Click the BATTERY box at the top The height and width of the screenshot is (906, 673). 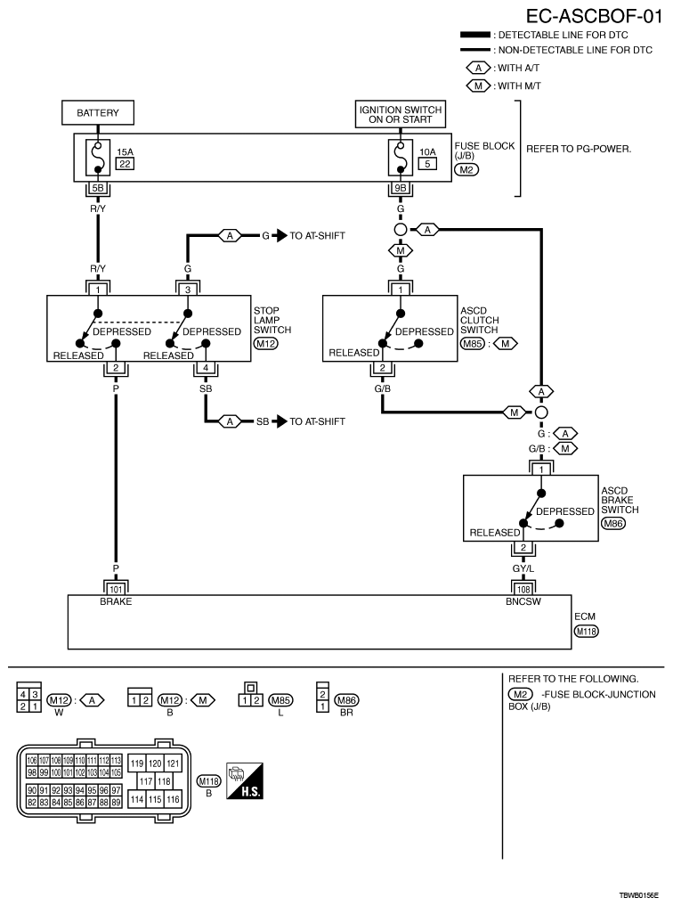pyautogui.click(x=97, y=114)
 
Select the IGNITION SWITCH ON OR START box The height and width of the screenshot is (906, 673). pyautogui.click(x=401, y=114)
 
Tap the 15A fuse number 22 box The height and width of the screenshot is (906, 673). pyautogui.click(x=125, y=165)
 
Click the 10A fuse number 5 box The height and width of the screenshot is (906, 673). pyautogui.click(x=427, y=165)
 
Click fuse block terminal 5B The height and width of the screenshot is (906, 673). pyautogui.click(x=97, y=188)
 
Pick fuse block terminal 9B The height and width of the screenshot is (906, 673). pyautogui.click(x=401, y=188)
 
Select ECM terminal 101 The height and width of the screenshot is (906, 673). pyautogui.click(x=116, y=588)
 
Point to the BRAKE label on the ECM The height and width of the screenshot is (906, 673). pyautogui.click(x=116, y=601)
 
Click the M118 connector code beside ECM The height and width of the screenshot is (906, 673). pyautogui.click(x=586, y=632)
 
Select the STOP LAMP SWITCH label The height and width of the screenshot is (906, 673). pyautogui.click(x=272, y=322)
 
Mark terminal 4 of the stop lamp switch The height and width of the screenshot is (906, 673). pyautogui.click(x=206, y=367)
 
